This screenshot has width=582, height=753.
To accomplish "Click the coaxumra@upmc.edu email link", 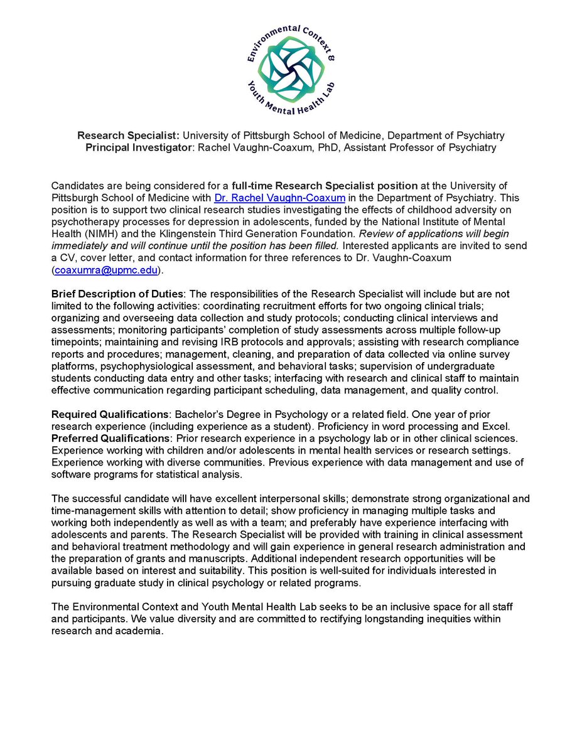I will pos(107,270).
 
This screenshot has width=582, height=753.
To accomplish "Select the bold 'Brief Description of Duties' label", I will pos(116,294).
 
